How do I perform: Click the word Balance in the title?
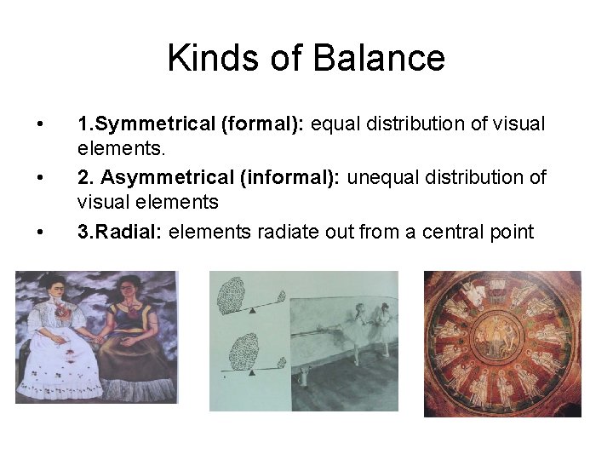(x=379, y=58)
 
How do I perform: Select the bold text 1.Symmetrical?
(x=146, y=124)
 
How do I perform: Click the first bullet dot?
(x=40, y=124)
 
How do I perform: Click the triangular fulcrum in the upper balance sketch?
(x=252, y=313)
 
